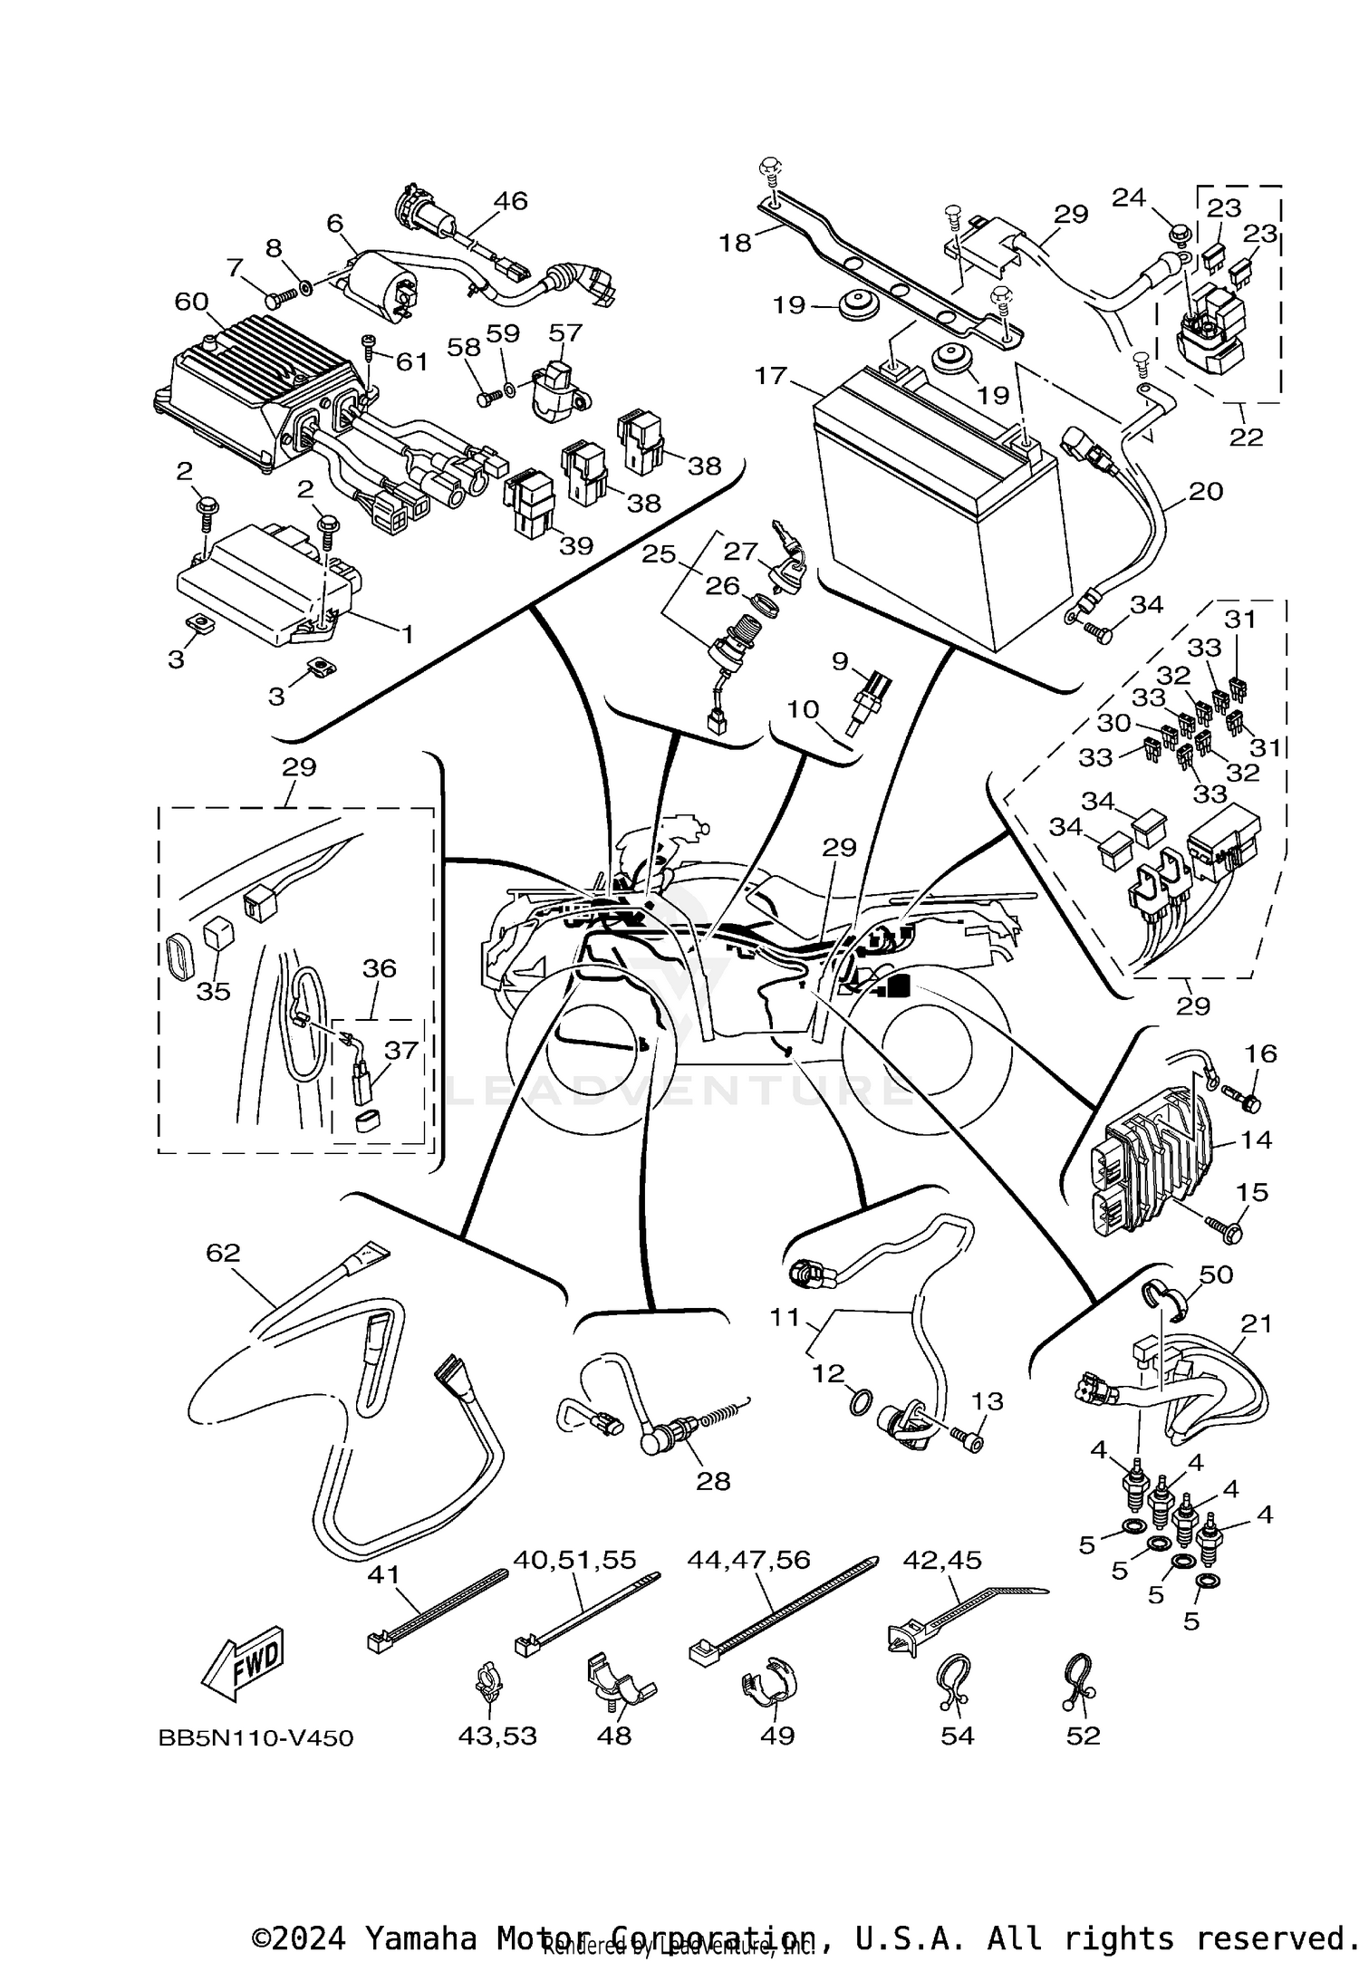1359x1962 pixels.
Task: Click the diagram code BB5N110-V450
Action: [255, 1738]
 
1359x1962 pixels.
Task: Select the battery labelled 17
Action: [933, 507]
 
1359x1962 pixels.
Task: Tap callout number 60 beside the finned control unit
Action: [191, 302]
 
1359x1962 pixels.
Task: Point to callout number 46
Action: [510, 200]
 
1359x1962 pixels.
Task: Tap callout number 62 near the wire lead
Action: [223, 1252]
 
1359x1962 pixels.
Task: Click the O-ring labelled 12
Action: [862, 1404]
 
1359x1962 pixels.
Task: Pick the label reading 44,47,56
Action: [748, 1560]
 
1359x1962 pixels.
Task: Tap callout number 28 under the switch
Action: [713, 1481]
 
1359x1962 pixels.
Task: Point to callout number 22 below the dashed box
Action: [1246, 437]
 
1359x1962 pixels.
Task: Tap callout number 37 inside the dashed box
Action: [401, 1050]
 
